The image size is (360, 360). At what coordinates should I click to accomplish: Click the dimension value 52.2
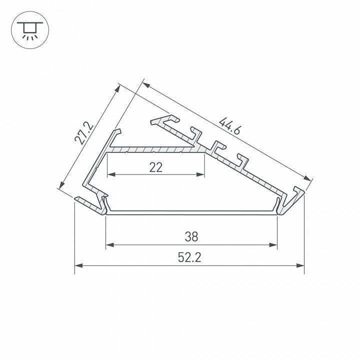pos(189,257)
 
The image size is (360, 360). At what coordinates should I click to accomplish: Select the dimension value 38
pos(191,236)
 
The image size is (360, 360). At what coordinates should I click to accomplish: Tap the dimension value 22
pos(156,167)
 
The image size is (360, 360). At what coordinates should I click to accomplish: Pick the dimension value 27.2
pos(84,133)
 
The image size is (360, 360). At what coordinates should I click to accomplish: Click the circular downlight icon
pos(30,30)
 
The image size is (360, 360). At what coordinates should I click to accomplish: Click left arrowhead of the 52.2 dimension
pos(79,265)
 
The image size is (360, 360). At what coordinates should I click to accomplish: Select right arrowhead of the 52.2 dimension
pos(300,265)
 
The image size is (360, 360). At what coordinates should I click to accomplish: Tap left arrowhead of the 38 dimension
pos(110,245)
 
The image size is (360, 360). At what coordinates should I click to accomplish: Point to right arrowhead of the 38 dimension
pos(273,245)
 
